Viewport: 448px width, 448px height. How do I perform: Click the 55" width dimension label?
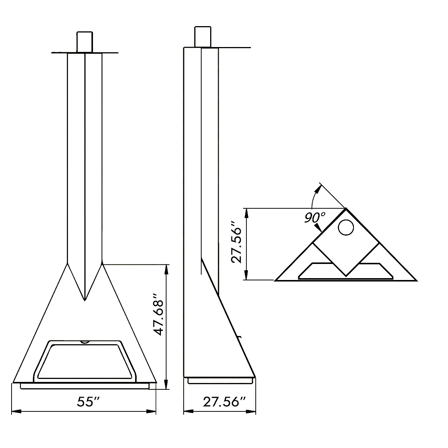click(x=89, y=402)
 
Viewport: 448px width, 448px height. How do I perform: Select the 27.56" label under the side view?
click(x=224, y=402)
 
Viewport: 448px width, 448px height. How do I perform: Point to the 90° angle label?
click(x=314, y=217)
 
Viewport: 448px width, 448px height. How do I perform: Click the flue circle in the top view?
click(x=346, y=227)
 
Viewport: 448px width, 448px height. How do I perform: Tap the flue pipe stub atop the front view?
click(x=85, y=42)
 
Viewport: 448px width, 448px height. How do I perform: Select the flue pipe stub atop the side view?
click(x=203, y=37)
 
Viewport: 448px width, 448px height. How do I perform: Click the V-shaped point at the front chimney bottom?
click(x=85, y=299)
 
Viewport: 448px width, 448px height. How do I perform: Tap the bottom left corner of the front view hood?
click(x=14, y=382)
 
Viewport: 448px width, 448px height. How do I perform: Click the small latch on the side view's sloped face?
click(x=240, y=337)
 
